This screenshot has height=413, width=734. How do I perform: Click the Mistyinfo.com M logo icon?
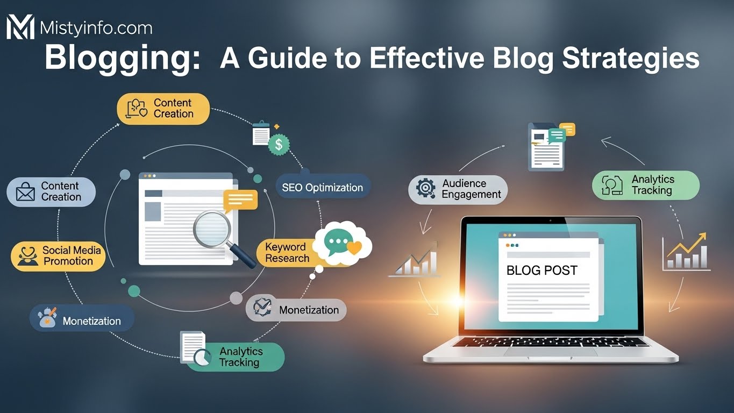[x=20, y=27]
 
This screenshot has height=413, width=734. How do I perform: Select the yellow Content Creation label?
[x=163, y=109]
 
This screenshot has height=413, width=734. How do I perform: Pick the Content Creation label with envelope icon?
[x=51, y=192]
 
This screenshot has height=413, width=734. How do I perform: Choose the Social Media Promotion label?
[x=58, y=255]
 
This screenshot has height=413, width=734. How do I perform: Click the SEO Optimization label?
[x=322, y=188]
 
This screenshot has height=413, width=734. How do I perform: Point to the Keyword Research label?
[x=287, y=253]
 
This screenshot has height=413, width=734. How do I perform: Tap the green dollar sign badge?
[x=279, y=144]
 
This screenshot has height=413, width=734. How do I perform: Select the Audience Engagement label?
[x=458, y=189]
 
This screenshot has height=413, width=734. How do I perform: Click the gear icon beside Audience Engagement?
[x=426, y=188]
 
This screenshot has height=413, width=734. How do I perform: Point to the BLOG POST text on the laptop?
[x=541, y=270]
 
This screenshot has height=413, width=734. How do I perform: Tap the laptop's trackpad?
[x=551, y=352]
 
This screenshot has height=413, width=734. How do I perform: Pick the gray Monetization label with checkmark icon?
[x=296, y=310]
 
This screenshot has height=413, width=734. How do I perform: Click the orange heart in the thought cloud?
[x=354, y=247]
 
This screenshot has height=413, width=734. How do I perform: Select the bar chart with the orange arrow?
[x=685, y=252]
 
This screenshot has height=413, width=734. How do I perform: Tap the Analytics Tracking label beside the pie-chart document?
[x=240, y=357]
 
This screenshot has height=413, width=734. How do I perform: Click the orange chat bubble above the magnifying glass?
[x=240, y=200]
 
